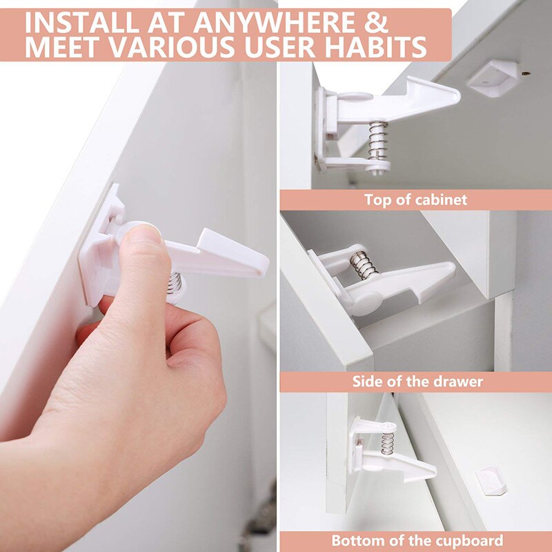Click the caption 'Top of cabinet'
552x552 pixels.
click(415, 200)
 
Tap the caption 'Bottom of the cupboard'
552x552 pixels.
click(417, 540)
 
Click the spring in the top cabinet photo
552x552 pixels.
click(377, 142)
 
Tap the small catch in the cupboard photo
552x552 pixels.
click(491, 480)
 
